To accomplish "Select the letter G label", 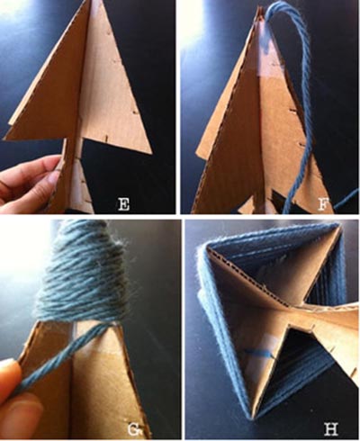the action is pyautogui.click(x=133, y=430).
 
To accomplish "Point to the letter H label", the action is pyautogui.click(x=331, y=429).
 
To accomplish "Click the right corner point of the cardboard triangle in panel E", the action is pyautogui.click(x=151, y=153).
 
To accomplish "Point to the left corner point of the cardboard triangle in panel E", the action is pyautogui.click(x=4, y=139).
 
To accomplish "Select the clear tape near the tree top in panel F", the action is pyautogui.click(x=271, y=56).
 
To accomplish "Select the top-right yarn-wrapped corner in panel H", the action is pyautogui.click(x=339, y=227).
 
